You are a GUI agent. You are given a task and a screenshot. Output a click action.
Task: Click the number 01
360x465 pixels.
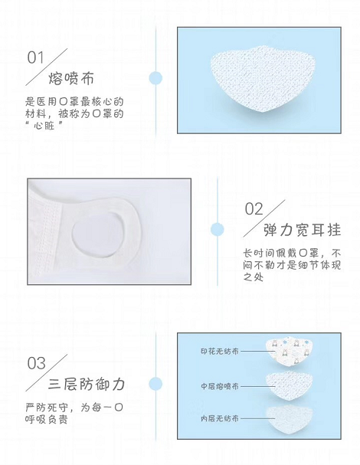click(35, 57)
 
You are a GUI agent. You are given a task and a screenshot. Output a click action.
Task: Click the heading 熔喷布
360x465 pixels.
click(71, 79)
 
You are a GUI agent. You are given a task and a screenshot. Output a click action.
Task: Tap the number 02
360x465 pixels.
click(254, 209)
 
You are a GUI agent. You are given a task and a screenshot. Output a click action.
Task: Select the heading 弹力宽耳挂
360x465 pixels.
click(303, 230)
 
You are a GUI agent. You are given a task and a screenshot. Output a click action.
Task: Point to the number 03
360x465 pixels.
click(36, 363)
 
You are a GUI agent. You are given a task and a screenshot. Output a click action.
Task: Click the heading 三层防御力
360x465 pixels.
click(87, 385)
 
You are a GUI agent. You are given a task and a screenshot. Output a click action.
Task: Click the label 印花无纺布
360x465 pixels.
click(219, 352)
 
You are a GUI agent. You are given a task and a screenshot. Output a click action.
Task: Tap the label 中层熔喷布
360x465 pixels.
click(219, 386)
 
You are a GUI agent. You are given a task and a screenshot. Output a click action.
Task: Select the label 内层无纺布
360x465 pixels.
click(219, 418)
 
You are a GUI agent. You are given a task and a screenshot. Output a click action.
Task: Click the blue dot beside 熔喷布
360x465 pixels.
click(155, 78)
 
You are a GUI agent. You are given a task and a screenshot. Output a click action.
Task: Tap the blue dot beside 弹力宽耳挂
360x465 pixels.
click(218, 230)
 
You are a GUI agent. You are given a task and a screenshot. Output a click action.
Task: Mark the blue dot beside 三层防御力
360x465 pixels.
click(155, 384)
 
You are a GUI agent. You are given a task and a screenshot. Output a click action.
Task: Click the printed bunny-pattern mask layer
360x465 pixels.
click(290, 352)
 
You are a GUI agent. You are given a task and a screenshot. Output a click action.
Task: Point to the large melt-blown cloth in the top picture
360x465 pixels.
click(263, 78)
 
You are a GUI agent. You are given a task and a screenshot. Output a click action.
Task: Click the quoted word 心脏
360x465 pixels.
click(44, 126)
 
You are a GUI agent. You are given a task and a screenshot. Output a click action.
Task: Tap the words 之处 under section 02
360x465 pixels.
click(254, 277)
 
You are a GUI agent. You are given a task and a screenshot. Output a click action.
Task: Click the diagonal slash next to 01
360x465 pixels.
click(47, 67)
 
